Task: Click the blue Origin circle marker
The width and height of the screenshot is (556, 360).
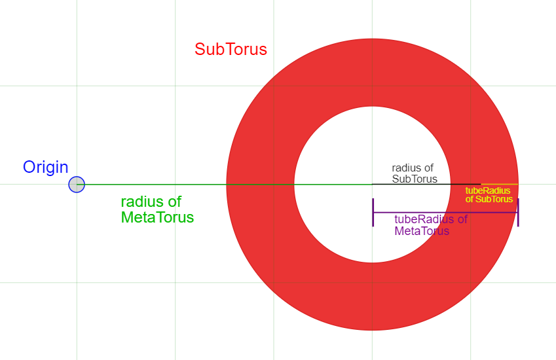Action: [77, 184]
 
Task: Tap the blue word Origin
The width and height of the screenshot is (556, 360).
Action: [45, 167]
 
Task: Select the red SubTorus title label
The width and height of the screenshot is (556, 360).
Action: [231, 49]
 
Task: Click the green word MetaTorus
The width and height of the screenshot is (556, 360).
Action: [157, 217]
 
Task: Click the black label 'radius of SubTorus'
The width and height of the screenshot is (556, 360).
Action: [414, 173]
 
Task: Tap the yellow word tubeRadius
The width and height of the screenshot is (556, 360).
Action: [487, 190]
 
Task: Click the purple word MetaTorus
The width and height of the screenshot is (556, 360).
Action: [422, 231]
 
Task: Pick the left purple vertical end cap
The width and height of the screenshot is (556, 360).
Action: [373, 212]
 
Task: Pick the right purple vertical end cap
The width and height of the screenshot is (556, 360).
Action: [518, 212]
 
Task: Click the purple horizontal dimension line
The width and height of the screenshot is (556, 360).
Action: [445, 213]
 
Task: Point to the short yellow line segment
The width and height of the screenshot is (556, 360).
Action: [499, 184]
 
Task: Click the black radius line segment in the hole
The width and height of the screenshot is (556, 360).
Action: [426, 184]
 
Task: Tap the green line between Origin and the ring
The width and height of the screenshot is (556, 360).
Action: [225, 184]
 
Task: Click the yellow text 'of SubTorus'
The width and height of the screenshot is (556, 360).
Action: [489, 199]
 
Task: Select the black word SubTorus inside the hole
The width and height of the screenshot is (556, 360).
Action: [415, 179]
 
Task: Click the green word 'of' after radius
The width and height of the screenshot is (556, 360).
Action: [174, 202]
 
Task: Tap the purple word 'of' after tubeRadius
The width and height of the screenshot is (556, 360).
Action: [462, 219]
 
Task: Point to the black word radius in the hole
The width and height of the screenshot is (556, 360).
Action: [405, 168]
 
